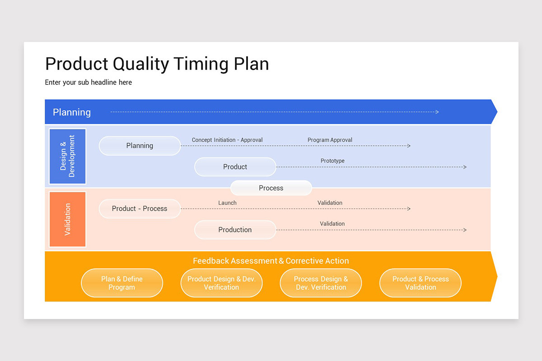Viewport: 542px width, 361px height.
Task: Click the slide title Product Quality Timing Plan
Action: (157, 64)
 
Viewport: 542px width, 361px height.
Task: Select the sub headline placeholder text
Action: (88, 83)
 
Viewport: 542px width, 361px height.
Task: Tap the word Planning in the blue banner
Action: (72, 112)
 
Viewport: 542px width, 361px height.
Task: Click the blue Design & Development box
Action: (67, 157)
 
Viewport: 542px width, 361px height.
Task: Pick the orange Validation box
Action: (67, 219)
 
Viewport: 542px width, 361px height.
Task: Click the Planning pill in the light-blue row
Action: (140, 146)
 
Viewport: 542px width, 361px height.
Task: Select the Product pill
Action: (235, 167)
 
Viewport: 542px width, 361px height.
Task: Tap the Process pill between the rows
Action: (271, 188)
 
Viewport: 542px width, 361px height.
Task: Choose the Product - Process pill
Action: (140, 209)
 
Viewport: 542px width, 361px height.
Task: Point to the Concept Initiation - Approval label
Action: (227, 140)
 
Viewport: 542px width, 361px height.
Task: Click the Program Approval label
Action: (330, 140)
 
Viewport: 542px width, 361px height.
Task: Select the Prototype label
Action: (332, 161)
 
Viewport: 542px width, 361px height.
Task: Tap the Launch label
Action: (227, 203)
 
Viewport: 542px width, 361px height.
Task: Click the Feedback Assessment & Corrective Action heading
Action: (271, 261)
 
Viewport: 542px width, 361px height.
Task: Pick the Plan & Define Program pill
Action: (122, 283)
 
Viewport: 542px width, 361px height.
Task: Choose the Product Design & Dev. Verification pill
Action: (221, 283)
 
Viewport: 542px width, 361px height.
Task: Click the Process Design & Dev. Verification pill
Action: (321, 283)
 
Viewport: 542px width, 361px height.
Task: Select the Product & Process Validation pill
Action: (421, 283)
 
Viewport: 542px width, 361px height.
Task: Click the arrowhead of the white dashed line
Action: (437, 112)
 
